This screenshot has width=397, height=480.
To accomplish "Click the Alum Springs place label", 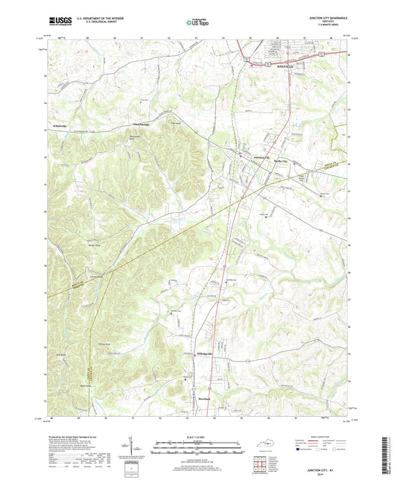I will (142, 124).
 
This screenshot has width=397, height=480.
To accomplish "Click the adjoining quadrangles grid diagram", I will (260, 464).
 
